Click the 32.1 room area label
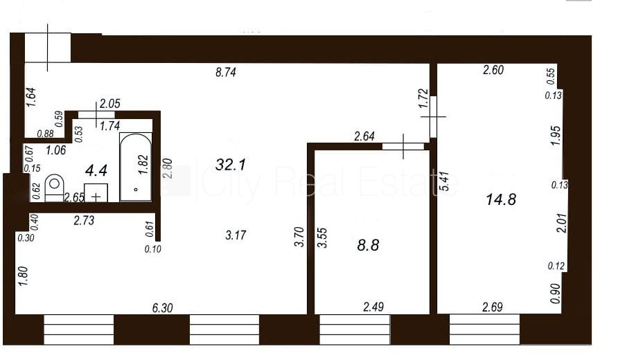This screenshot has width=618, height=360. coord(231,164)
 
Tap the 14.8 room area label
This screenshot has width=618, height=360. coord(501,199)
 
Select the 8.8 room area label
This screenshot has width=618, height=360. coord(368,245)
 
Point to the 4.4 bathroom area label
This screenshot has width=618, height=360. coord(96,170)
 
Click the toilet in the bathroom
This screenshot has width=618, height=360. coord(55,188)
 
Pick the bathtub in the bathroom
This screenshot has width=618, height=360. coord(136,167)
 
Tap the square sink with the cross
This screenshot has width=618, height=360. coord(96,193)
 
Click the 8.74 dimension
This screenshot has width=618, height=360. coord(226,73)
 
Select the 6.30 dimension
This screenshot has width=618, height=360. coord(162,307)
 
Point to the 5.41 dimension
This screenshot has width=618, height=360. coord(445,181)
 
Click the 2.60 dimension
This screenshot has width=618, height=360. coord(493,70)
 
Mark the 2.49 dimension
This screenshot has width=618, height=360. coord(373,307)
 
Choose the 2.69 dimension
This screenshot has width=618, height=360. coord(493,307)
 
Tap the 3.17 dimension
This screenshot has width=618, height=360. coord(236,235)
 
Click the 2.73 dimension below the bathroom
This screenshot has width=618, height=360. coord(84,220)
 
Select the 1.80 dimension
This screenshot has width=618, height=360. coord(24,276)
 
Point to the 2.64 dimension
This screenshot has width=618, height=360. coord(364,136)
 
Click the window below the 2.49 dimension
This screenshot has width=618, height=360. coord(354,330)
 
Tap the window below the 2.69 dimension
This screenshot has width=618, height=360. coord(485,330)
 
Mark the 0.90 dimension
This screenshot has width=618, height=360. coord(555,294)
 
